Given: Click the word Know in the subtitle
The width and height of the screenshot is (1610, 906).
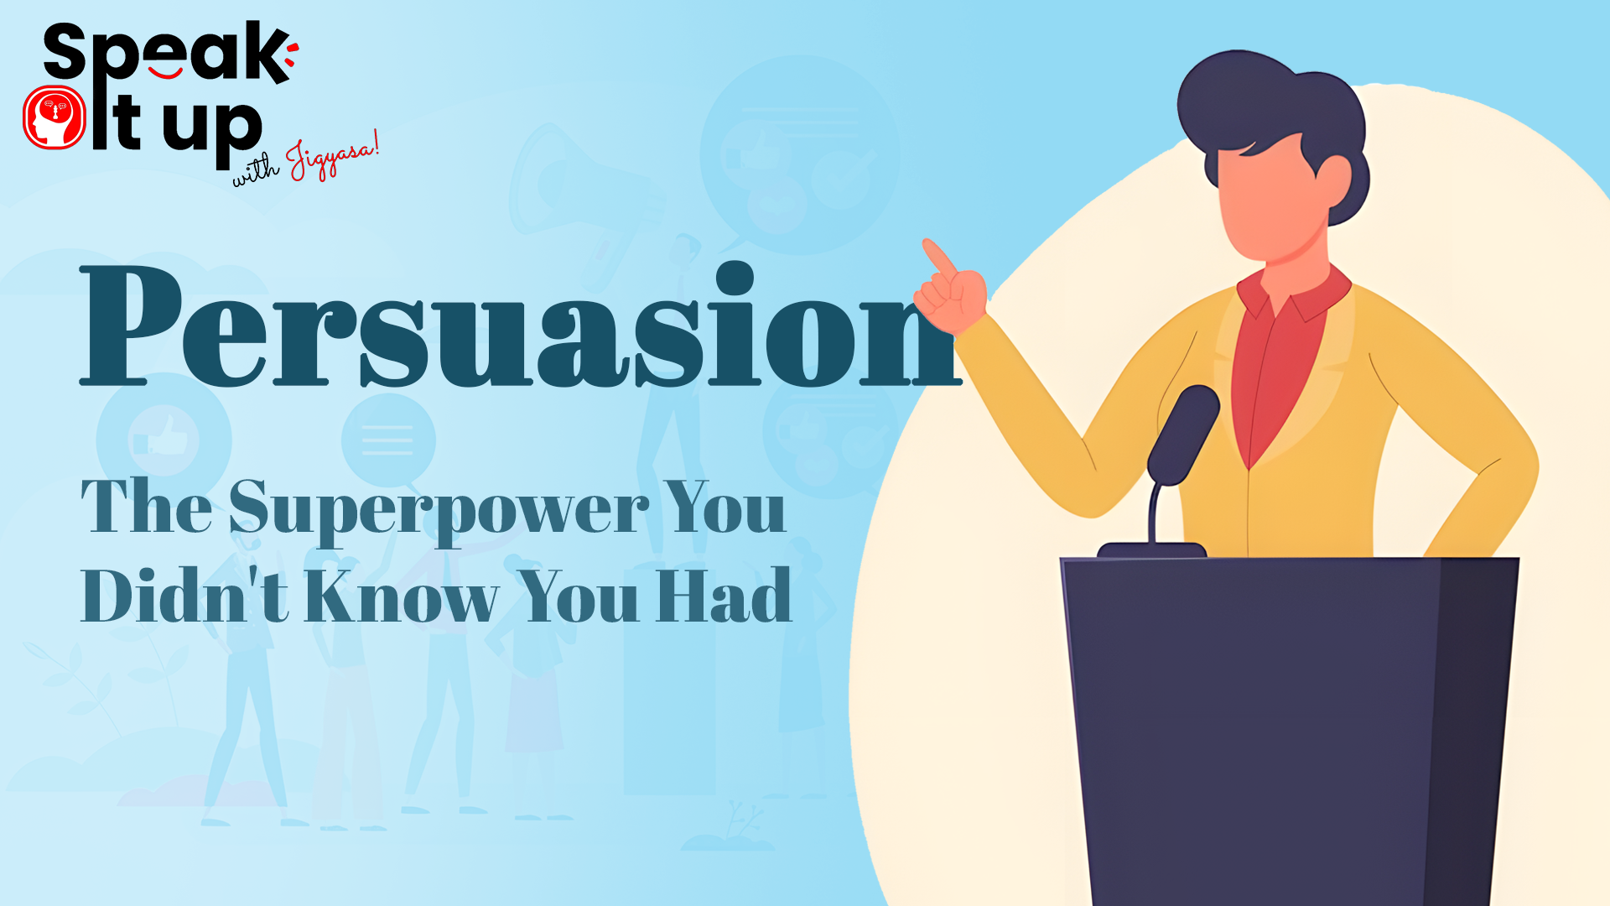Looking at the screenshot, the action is [x=402, y=595].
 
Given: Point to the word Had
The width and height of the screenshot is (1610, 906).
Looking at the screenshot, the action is [x=724, y=595].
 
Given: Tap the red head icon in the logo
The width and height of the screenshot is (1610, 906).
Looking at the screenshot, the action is [x=55, y=117].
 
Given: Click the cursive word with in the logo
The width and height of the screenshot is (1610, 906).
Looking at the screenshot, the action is [x=256, y=170].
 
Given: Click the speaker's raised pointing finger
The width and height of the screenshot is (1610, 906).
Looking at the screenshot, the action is [x=938, y=258].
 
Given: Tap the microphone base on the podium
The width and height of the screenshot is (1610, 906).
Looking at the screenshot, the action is [x=1151, y=550].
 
